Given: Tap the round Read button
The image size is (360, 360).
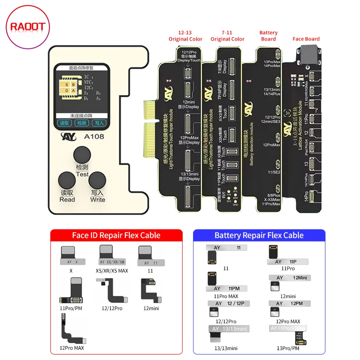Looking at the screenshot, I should [67, 182].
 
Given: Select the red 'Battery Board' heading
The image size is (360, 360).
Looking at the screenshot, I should [269, 36].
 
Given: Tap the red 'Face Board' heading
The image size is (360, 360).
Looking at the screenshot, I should [306, 39].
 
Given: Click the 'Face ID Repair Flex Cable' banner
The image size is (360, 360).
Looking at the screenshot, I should [116, 235].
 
